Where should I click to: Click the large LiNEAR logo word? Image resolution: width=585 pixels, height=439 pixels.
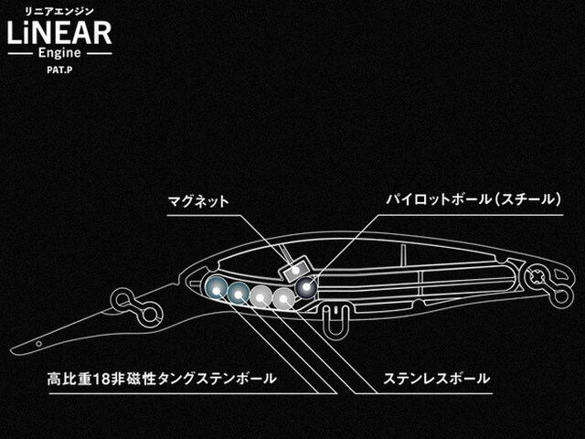[x=59, y=33]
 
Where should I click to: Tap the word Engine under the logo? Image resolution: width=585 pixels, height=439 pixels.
[x=59, y=53]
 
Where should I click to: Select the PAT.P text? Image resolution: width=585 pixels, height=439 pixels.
[x=59, y=70]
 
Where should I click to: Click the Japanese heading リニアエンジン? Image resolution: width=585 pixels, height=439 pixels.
[x=59, y=12]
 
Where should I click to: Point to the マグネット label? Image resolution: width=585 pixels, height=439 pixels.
[x=197, y=201]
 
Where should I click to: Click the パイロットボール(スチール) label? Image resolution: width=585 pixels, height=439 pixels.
[x=473, y=199]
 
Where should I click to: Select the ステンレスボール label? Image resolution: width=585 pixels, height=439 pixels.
[x=437, y=379]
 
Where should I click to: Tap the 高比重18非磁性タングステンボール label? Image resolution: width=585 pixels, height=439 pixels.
[x=162, y=379]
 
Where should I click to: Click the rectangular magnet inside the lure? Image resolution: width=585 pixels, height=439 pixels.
[x=296, y=271]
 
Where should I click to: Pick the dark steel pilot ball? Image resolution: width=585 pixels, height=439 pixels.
[x=306, y=287]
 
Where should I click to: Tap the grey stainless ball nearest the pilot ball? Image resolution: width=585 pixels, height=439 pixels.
[x=284, y=299]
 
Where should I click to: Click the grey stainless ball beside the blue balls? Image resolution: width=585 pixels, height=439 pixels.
[x=261, y=296]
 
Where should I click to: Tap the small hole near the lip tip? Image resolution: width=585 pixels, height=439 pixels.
[x=38, y=344]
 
